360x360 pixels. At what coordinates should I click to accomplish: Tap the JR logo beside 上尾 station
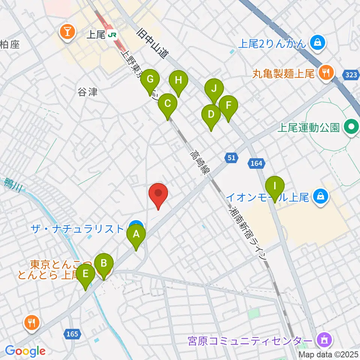pyautogui.click(x=112, y=35)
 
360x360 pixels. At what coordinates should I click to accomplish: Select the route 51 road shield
pyautogui.click(x=231, y=158)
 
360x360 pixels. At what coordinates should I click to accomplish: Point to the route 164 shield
pyautogui.click(x=257, y=163)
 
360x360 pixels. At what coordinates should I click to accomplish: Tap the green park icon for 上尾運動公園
pyautogui.click(x=352, y=127)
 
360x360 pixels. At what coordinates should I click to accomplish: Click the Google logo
pyautogui.click(x=25, y=351)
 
